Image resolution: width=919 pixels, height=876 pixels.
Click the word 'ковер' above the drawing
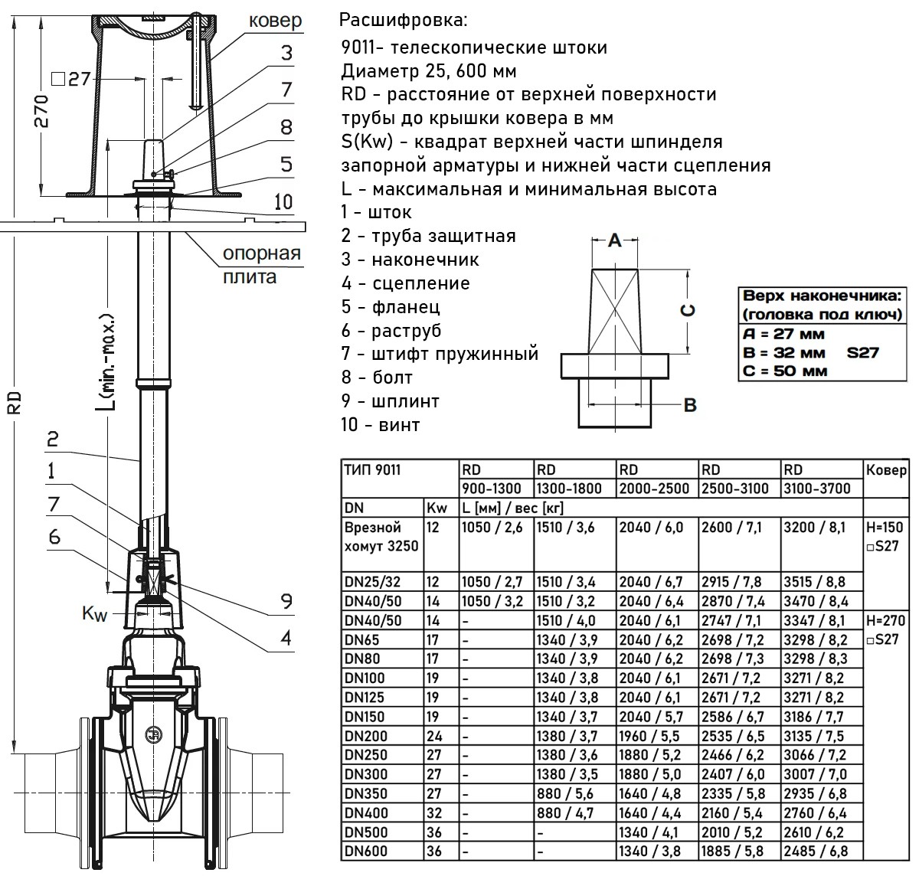tap(275, 21)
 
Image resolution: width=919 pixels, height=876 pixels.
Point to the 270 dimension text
tap(44, 112)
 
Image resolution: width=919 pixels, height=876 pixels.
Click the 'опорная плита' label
tap(261, 265)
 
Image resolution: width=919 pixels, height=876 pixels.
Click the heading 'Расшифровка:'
tap(402, 18)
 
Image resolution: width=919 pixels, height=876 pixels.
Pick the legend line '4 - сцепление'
tap(405, 283)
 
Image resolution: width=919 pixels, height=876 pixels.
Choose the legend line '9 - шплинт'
tap(390, 401)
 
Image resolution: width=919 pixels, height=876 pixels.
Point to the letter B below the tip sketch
tap(689, 404)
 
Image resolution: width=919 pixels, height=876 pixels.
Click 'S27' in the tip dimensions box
tap(862, 353)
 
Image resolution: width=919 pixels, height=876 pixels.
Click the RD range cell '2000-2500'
tap(655, 489)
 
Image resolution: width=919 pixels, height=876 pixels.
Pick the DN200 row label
tap(367, 736)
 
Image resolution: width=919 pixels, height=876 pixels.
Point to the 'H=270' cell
tap(887, 621)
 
